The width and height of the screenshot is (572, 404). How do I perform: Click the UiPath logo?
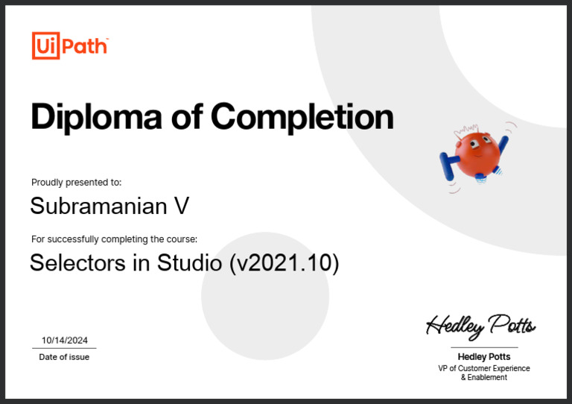(70, 46)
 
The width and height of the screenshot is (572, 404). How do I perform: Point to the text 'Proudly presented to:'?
(76, 182)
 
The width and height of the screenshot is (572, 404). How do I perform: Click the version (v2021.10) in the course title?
(284, 263)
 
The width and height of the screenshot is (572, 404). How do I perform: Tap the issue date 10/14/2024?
(65, 340)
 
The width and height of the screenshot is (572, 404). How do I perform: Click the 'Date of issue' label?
(64, 357)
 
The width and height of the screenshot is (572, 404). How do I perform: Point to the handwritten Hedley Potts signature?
(480, 325)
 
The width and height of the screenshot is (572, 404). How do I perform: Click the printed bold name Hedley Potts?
(484, 357)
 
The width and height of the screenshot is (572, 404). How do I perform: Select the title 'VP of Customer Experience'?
(484, 368)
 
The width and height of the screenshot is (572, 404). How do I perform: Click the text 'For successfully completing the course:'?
(114, 239)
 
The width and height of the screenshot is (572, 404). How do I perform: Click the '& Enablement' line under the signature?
(484, 378)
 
